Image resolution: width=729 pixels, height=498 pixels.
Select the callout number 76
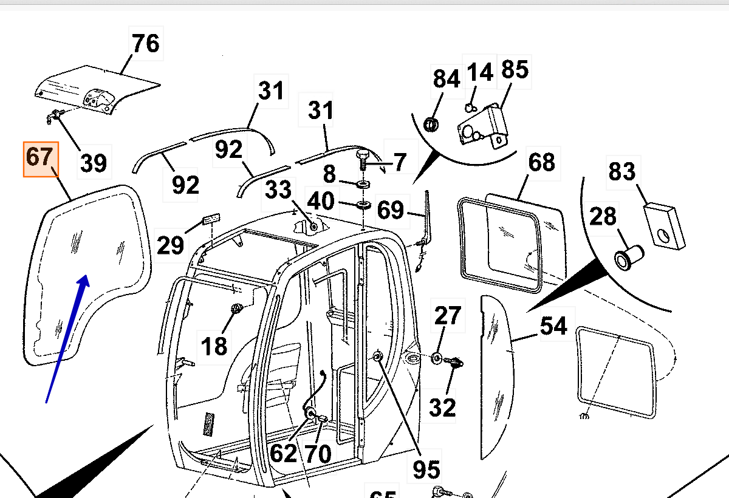pos(146,44)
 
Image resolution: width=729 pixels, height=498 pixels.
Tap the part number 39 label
pos(94,163)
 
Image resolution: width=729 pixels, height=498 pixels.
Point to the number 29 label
pos(170,245)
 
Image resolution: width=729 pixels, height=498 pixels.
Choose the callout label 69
pos(390,210)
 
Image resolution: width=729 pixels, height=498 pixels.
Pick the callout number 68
pos(541,162)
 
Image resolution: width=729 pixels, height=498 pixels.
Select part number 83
pos(621,171)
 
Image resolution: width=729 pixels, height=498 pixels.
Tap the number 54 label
pos(553,326)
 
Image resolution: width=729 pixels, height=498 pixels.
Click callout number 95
pos(426,469)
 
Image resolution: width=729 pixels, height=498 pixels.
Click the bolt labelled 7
pos(363,160)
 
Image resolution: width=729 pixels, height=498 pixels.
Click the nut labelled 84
pos(432,124)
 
